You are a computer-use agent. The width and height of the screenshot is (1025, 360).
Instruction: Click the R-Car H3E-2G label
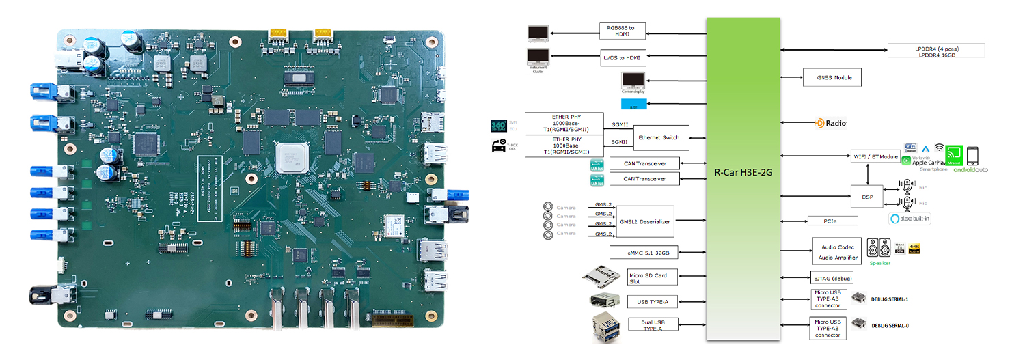pyautogui.click(x=742, y=173)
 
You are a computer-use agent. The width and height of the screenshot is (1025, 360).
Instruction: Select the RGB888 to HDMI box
pyautogui.click(x=623, y=30)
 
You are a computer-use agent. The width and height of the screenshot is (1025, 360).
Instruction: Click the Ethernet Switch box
pyautogui.click(x=659, y=138)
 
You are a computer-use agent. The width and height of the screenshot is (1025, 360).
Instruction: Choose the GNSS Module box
pyautogui.click(x=832, y=78)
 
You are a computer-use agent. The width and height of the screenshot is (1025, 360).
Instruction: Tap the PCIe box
pyautogui.click(x=832, y=221)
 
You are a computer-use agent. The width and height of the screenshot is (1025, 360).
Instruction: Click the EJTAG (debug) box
pyautogui.click(x=832, y=277)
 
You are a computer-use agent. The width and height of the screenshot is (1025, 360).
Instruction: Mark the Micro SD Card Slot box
pyautogui.click(x=652, y=277)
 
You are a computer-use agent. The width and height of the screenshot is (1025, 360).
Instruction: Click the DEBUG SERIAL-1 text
pyautogui.click(x=889, y=299)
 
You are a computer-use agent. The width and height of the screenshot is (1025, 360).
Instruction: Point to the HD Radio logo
pyautogui.click(x=830, y=124)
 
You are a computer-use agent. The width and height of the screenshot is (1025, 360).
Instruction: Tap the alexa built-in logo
pyautogui.click(x=910, y=219)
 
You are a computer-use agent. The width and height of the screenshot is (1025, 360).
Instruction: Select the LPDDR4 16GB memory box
pyautogui.click(x=935, y=51)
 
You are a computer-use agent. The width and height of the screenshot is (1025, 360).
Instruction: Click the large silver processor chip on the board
pyautogui.click(x=292, y=159)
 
